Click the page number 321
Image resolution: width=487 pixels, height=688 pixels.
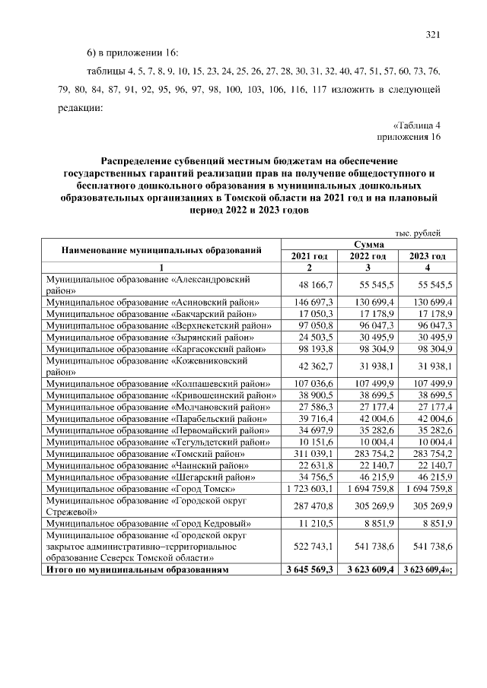[433, 34]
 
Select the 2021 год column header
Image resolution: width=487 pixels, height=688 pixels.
[309, 256]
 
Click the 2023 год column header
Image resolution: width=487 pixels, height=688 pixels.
[427, 256]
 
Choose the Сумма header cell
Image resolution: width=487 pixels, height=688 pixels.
[368, 245]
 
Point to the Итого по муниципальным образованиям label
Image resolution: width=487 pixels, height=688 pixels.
[136, 569]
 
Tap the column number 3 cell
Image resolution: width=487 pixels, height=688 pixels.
[368, 268]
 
